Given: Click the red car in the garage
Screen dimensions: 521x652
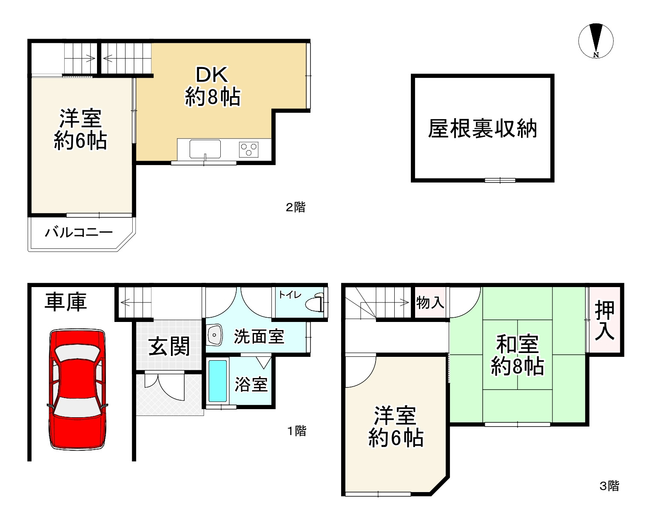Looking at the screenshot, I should pyautogui.click(x=77, y=389).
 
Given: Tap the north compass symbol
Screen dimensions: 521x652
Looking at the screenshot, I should pyautogui.click(x=596, y=41).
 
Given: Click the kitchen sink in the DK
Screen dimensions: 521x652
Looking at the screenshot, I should pyautogui.click(x=205, y=149).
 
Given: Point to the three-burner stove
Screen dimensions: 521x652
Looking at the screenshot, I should pyautogui.click(x=249, y=149).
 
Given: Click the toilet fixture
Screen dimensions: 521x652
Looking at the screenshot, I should pyautogui.click(x=315, y=303).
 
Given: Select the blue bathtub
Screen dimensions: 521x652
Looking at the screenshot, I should pyautogui.click(x=217, y=381).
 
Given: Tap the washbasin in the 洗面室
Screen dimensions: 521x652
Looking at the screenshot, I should pyautogui.click(x=214, y=336).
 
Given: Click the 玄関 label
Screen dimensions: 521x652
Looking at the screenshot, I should pyautogui.click(x=169, y=347).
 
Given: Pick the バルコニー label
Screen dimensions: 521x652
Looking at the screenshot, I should pyautogui.click(x=79, y=233).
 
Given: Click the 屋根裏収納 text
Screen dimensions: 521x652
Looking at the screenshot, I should pyautogui.click(x=482, y=128).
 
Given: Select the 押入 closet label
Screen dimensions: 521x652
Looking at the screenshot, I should pyautogui.click(x=604, y=320).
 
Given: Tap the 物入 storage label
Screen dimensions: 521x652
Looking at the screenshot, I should pyautogui.click(x=430, y=303).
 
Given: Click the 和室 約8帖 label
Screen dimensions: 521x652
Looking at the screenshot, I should pyautogui.click(x=517, y=355).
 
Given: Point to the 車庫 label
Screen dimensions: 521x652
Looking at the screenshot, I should pyautogui.click(x=66, y=302).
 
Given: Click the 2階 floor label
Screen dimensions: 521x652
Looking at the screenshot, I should pyautogui.click(x=295, y=208).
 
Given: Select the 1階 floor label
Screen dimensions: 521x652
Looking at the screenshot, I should pyautogui.click(x=296, y=431).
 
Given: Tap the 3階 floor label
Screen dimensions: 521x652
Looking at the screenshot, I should pyautogui.click(x=609, y=486).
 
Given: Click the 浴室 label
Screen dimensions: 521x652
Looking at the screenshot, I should pyautogui.click(x=251, y=384).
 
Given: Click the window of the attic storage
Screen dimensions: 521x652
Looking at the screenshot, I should pyautogui.click(x=500, y=180).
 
